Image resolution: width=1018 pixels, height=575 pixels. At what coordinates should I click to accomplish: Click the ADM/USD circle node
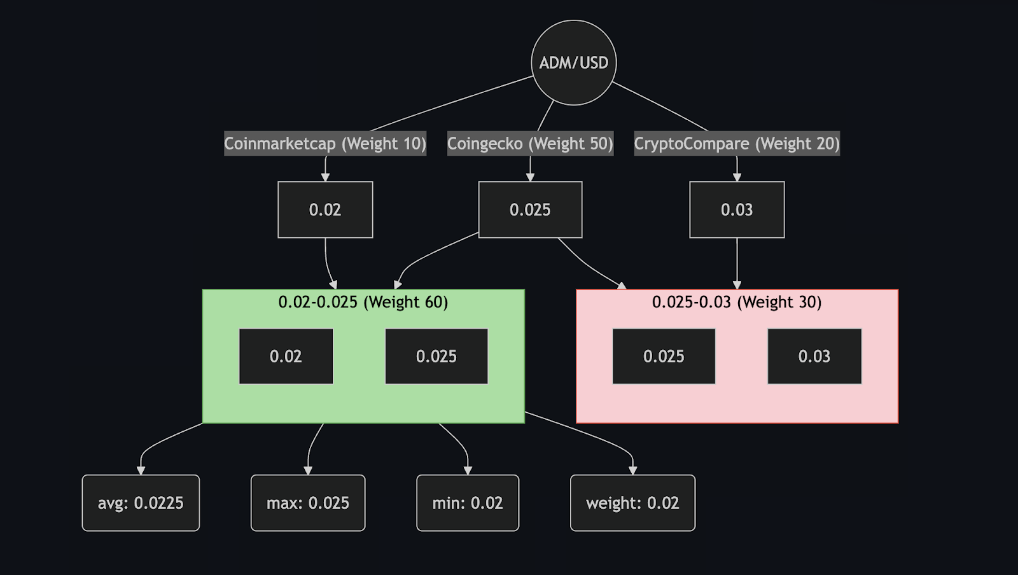coord(573,62)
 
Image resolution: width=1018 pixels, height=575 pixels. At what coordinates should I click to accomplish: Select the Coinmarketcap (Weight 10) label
coord(325,144)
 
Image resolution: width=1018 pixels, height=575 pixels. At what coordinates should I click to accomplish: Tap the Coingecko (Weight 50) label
coord(530,144)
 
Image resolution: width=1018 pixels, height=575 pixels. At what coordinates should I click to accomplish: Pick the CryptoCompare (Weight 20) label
coord(737,144)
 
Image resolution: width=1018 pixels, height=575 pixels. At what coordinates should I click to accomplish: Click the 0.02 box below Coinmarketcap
coord(325,210)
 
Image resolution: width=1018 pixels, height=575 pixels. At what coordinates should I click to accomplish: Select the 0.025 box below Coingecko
coord(530,210)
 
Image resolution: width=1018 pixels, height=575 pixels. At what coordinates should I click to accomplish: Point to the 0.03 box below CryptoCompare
coord(737,210)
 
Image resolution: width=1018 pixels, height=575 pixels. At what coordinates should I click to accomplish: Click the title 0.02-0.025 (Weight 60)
coord(363,302)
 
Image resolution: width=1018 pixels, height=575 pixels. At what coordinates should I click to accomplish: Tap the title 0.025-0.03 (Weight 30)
coord(737,302)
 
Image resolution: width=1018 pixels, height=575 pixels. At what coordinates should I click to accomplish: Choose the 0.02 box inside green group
coord(286,356)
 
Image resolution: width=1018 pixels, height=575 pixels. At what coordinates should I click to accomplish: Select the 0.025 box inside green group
coord(436,356)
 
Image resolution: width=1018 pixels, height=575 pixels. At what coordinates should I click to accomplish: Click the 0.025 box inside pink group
coord(664,356)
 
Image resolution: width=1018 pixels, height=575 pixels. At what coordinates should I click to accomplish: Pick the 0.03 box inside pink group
coord(814,356)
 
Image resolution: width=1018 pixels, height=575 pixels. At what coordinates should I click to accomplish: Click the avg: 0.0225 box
coord(141,503)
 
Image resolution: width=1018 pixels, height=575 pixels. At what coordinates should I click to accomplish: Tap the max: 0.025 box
coord(308,503)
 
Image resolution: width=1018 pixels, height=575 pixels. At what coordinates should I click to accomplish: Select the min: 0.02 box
coord(468,503)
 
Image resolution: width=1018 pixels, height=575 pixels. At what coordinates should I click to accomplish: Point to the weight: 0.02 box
coord(632,503)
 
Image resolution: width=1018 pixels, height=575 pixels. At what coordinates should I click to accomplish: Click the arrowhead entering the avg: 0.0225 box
coord(141,471)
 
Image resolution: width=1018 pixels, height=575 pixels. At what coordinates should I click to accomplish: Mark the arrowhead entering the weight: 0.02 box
coord(632,471)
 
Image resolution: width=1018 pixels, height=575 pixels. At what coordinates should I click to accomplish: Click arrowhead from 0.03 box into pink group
coord(737,285)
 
